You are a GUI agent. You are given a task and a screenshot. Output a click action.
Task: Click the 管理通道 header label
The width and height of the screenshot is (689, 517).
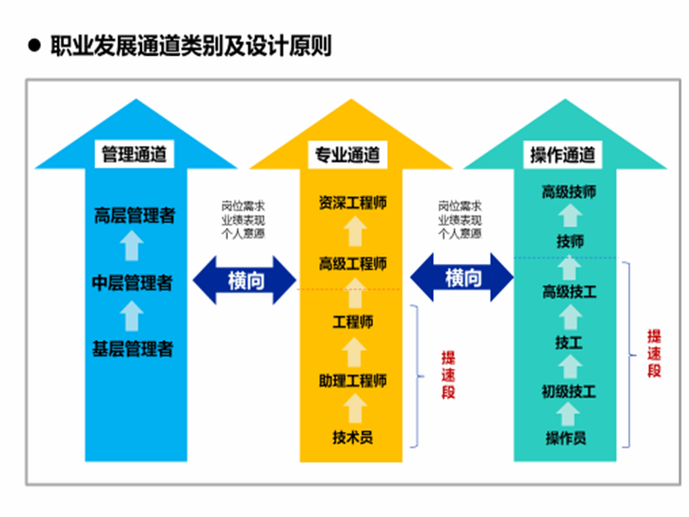click(x=133, y=154)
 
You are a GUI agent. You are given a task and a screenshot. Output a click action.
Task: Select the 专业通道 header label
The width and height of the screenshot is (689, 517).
click(x=348, y=154)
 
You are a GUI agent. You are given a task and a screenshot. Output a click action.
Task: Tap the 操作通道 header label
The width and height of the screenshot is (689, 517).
click(x=563, y=154)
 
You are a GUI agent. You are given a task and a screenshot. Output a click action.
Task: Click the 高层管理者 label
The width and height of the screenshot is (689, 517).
click(x=134, y=216)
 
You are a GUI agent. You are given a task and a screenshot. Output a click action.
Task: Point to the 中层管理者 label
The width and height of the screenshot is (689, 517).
click(x=132, y=283)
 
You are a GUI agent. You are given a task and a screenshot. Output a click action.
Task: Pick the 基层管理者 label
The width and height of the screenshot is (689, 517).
click(x=133, y=348)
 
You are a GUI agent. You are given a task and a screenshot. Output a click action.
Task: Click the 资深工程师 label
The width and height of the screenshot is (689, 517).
click(x=353, y=203)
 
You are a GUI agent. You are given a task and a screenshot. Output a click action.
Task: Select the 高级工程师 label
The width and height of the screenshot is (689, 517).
click(x=353, y=264)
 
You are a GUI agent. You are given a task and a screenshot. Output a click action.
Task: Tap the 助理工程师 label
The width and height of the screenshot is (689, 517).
click(x=353, y=380)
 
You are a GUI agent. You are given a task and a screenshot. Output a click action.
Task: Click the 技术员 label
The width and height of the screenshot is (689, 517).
click(x=353, y=437)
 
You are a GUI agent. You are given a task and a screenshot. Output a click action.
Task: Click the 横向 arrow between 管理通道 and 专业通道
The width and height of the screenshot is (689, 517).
click(x=244, y=279)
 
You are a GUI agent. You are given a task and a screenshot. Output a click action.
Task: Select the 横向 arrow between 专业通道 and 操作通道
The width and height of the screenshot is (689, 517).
click(x=463, y=278)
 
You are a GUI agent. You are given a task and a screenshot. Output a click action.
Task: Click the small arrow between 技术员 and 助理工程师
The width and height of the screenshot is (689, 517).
click(x=353, y=408)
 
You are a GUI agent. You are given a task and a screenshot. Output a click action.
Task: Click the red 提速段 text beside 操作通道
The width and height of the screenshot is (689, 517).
click(x=655, y=353)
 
